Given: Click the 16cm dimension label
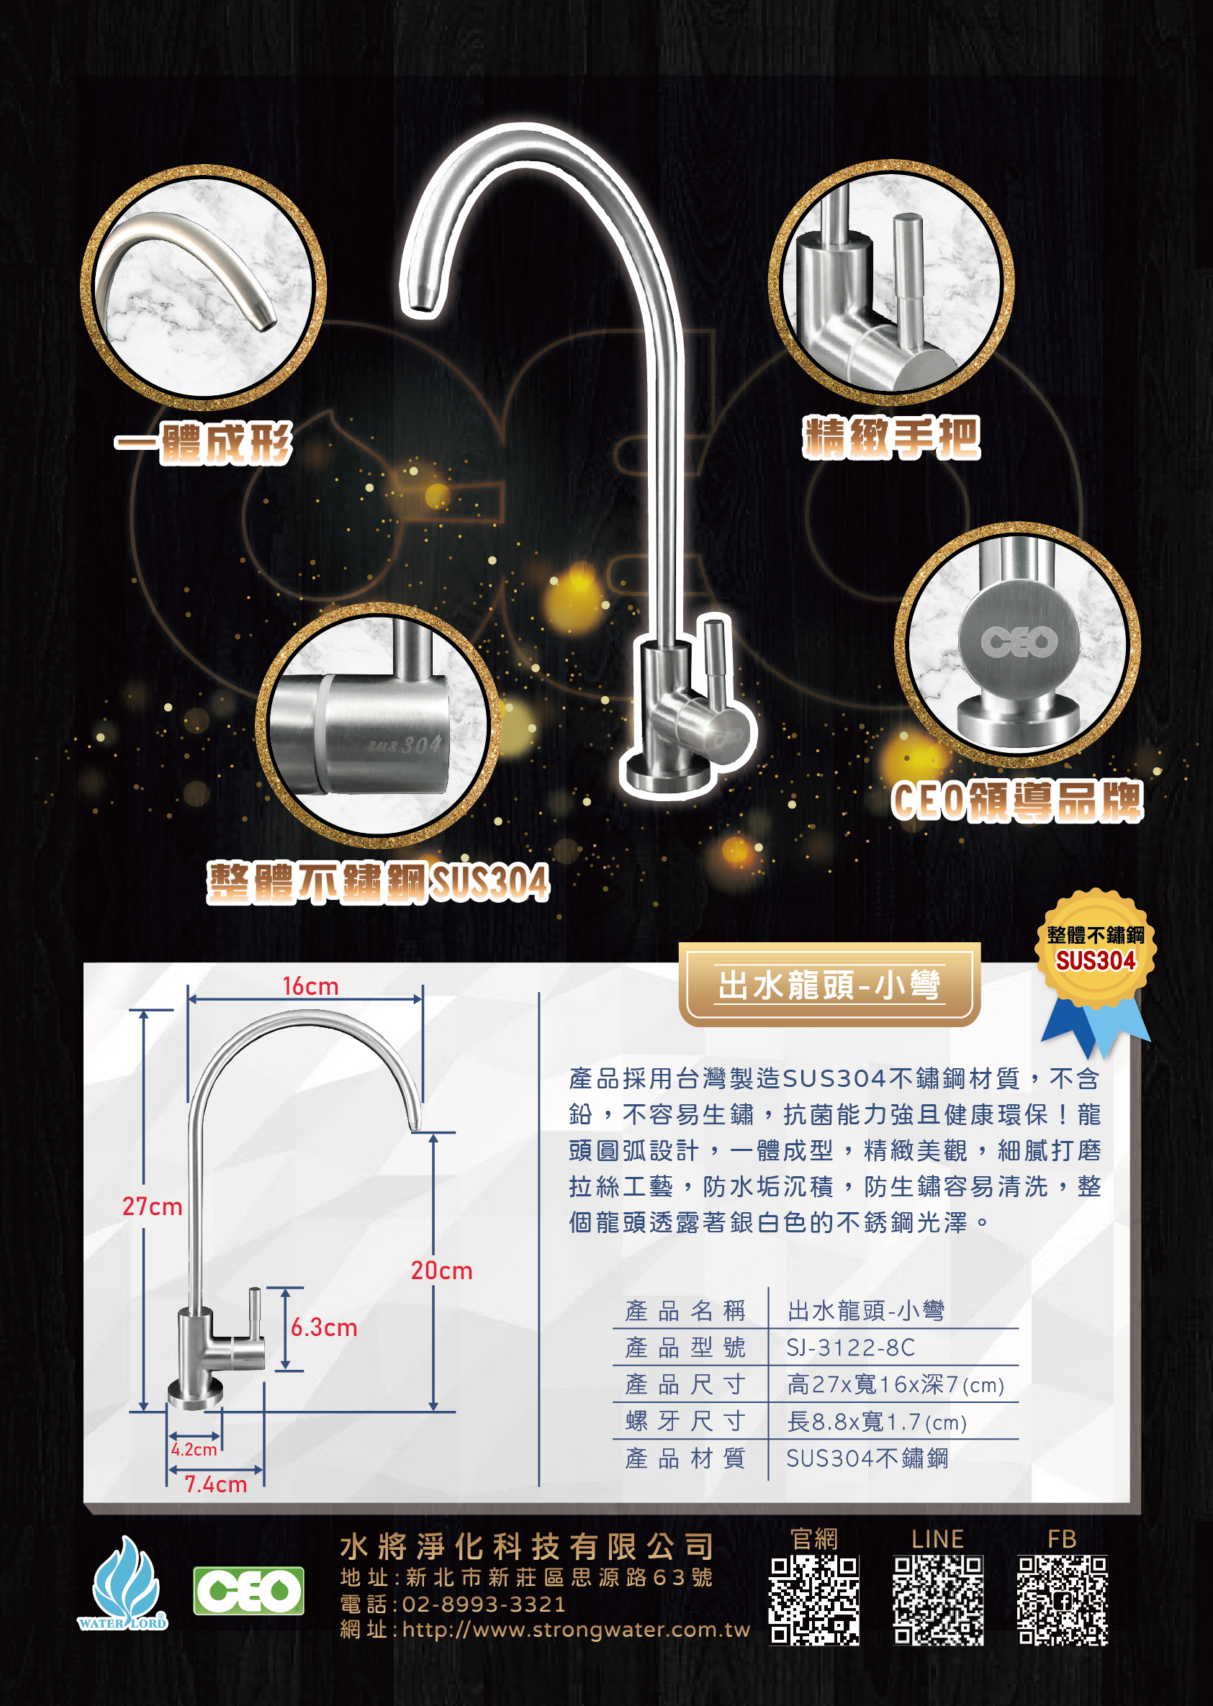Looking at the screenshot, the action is coord(311,986).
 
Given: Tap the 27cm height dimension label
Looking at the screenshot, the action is coord(153,1206).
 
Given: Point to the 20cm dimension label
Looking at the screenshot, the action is coord(441,1271).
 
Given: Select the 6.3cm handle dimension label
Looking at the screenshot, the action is coord(324,1327).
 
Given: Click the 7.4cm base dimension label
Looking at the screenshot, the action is coord(216,1484).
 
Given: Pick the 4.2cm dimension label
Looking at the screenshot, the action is coord(194,1450).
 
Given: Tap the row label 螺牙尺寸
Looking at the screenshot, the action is coord(685,1421).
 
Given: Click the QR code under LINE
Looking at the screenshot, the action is coord(938,1600).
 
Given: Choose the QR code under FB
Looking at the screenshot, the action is coord(1063,1600).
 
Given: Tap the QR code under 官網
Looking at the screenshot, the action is coord(814,1600).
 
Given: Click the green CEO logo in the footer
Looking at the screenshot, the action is coord(249,1591).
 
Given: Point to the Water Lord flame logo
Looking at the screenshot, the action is coord(123,1583).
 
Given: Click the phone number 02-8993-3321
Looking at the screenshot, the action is coord(484,1604).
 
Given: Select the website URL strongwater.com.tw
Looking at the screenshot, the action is coord(576,1629).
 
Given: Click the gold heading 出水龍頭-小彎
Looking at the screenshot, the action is coord(829,985).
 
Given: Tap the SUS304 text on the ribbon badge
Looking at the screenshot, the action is coord(1095,960).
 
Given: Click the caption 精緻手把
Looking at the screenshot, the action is coord(891,438).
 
